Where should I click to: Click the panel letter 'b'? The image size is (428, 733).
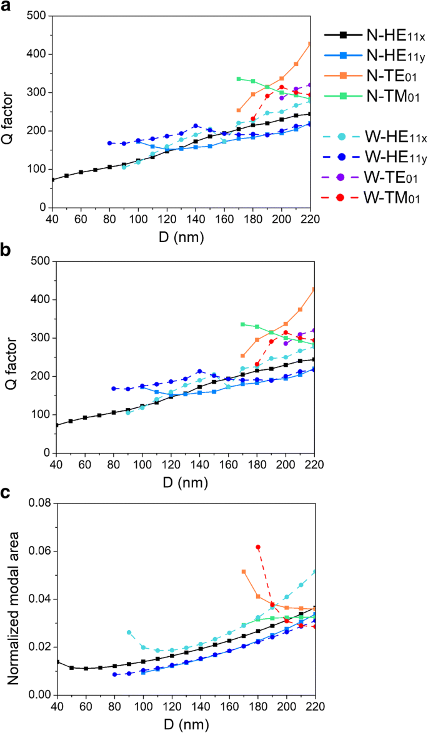pyautogui.click(x=6, y=252)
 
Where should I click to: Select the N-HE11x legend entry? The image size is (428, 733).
pyautogui.click(x=375, y=37)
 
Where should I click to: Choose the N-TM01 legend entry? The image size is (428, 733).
pyautogui.click(x=375, y=97)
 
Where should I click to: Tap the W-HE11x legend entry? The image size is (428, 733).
pyautogui.click(x=375, y=137)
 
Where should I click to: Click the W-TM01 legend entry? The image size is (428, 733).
pyautogui.click(x=375, y=198)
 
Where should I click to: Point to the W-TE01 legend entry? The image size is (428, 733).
pyautogui.click(x=375, y=177)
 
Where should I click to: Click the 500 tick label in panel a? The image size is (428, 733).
pyautogui.click(x=39, y=16)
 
